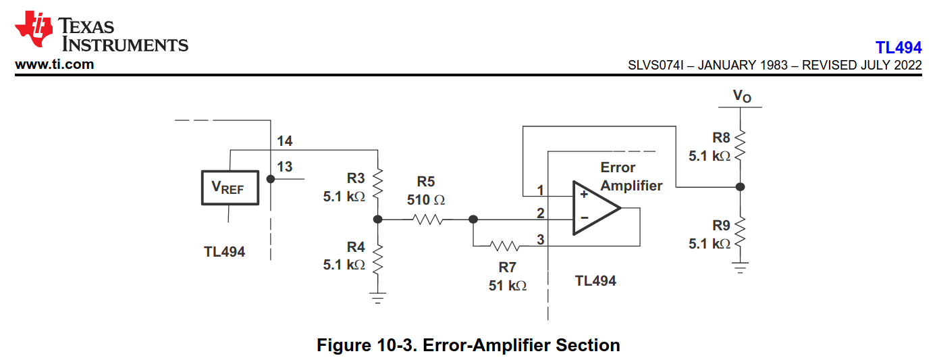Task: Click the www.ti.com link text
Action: (55, 65)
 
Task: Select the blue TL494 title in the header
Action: (898, 48)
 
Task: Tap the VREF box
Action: (230, 187)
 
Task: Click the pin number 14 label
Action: (284, 141)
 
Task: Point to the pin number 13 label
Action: (285, 166)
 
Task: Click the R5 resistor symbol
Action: (427, 219)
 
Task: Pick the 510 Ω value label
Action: (426, 200)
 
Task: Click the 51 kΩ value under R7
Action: (508, 286)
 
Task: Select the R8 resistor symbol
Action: (741, 143)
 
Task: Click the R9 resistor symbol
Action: (741, 232)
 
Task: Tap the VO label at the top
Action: (742, 97)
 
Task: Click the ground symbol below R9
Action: (741, 268)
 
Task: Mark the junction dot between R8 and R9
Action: (741, 186)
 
